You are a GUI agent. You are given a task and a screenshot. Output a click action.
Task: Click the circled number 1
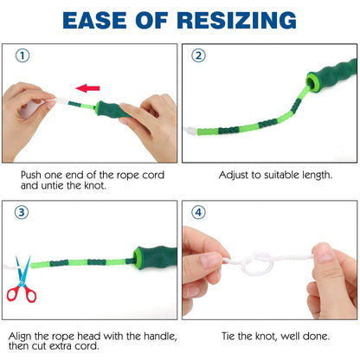(22, 55)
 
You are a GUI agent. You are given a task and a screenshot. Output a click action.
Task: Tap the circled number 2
(199, 55)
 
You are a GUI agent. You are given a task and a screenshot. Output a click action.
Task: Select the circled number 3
(22, 213)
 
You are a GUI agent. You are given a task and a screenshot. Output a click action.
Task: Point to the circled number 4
(199, 213)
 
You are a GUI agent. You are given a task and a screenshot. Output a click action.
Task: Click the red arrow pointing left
(87, 88)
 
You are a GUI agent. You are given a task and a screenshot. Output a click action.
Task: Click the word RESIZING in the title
(236, 21)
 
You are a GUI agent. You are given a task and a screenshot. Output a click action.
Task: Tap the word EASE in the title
(94, 21)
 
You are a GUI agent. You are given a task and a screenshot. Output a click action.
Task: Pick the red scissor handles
(22, 293)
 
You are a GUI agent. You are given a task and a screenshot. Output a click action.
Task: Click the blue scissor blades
(22, 269)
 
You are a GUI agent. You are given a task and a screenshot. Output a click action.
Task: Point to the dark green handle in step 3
(156, 257)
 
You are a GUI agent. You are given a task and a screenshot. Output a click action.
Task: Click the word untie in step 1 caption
(54, 185)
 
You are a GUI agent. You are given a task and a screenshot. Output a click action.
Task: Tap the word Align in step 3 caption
(20, 337)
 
